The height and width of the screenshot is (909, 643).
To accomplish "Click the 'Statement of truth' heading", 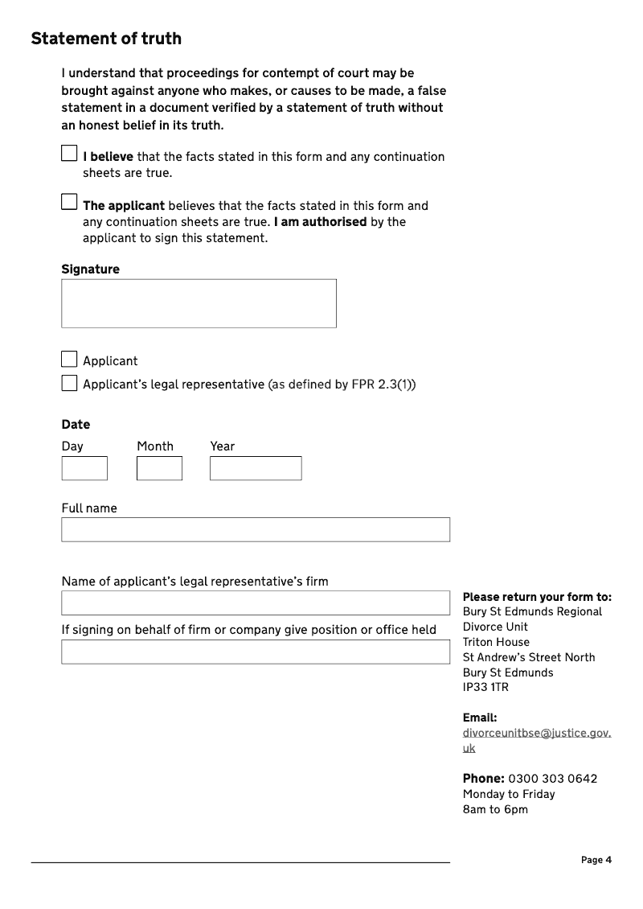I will click(106, 39).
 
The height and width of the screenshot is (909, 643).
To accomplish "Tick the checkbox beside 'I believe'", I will click(69, 153).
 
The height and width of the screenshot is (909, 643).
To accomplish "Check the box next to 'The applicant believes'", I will click(69, 202).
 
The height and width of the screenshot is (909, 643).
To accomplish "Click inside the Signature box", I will click(199, 303).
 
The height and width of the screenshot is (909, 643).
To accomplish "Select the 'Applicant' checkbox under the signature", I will click(69, 360).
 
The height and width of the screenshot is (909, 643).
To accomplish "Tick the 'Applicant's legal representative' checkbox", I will click(69, 384).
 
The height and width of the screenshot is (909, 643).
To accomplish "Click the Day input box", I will click(84, 468).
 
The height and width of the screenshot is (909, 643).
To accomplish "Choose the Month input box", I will click(159, 468).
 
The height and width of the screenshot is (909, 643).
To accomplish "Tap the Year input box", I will click(256, 468).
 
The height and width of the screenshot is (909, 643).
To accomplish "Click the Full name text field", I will click(256, 529).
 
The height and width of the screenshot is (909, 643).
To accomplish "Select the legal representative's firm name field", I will click(256, 603).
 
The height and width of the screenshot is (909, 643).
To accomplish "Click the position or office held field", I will click(256, 652).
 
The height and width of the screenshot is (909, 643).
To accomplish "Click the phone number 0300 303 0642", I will click(553, 779).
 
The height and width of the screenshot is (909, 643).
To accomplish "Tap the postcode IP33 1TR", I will click(485, 688).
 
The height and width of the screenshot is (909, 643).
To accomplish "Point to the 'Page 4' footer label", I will click(596, 860).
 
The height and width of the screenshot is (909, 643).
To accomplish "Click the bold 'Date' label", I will click(76, 425).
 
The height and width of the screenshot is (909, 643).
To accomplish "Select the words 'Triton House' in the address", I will click(496, 642).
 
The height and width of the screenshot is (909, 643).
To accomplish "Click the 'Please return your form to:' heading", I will click(537, 597).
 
